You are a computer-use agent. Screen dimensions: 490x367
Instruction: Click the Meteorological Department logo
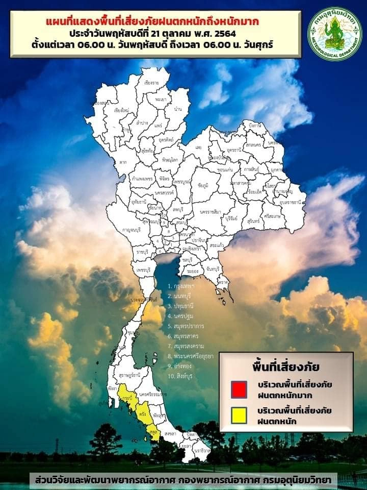pyautogui.click(x=335, y=34)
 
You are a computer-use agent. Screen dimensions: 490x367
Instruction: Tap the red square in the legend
pyautogui.click(x=239, y=389)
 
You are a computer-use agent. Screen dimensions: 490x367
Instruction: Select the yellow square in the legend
pyautogui.click(x=239, y=415)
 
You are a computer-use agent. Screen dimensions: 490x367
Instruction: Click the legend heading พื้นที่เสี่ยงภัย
pyautogui.click(x=285, y=366)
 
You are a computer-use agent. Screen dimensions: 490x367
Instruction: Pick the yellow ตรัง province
pyautogui.click(x=143, y=414)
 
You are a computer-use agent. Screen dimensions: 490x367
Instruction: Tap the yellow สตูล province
pyautogui.click(x=152, y=432)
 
